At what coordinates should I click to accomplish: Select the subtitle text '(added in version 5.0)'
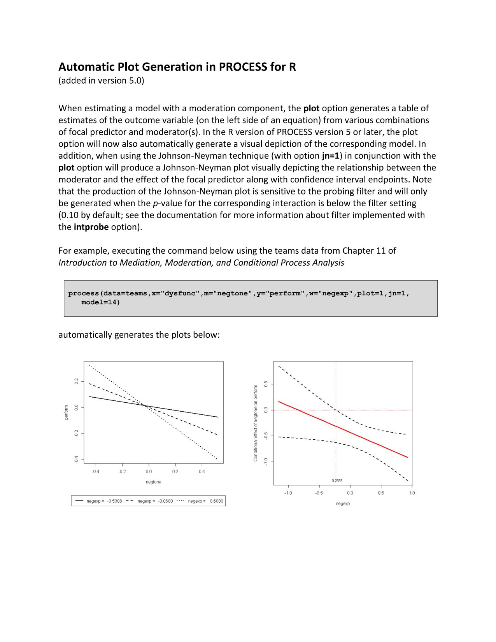(x=101, y=81)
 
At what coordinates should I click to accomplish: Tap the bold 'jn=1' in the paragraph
(x=330, y=156)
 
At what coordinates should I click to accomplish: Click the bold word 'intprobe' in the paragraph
(x=91, y=227)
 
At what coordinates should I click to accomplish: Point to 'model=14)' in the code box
(x=100, y=302)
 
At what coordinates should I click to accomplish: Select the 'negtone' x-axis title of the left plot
(x=153, y=482)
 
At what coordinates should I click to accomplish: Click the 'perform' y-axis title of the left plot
(x=66, y=412)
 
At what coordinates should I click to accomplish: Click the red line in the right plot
(x=342, y=429)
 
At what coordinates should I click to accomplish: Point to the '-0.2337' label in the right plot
(x=337, y=481)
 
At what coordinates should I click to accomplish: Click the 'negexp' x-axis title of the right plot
(x=343, y=503)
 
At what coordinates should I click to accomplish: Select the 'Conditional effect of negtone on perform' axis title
(x=256, y=423)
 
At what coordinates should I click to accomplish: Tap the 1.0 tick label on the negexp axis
(x=412, y=493)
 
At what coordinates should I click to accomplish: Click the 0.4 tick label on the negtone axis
(x=202, y=472)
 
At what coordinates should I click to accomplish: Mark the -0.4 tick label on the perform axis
(x=77, y=460)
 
